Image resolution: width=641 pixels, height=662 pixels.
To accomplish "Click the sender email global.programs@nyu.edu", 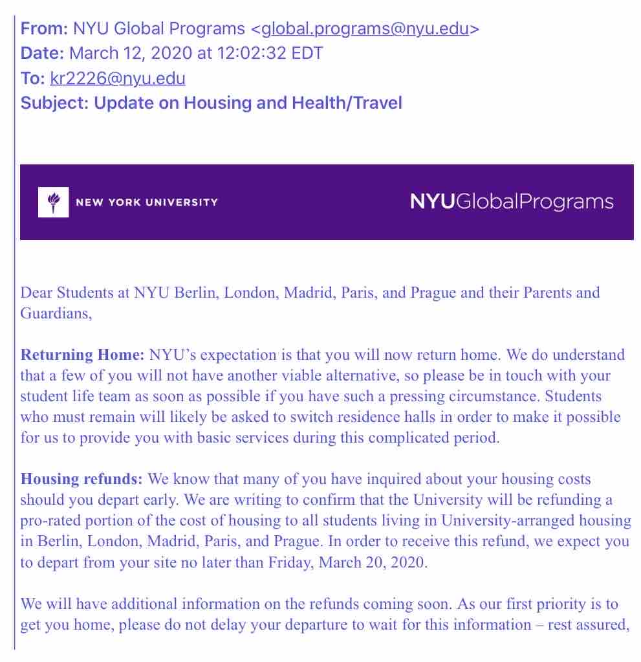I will click(365, 28).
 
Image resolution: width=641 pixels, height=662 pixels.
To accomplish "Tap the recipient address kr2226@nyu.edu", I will click(117, 79).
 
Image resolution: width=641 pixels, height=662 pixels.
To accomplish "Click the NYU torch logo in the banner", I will click(53, 202).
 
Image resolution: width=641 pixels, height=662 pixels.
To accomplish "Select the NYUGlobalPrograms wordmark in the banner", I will click(512, 201).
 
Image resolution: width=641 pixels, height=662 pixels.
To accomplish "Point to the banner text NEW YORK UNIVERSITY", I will click(147, 202).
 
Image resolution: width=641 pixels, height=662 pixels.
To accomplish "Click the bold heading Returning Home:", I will click(83, 355).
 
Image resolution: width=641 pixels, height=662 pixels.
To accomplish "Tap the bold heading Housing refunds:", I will click(81, 480).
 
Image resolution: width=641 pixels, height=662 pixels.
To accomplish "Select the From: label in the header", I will click(45, 28).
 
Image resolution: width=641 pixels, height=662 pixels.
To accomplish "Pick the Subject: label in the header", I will click(55, 103).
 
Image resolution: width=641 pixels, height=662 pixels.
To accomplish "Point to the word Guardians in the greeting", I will click(54, 313).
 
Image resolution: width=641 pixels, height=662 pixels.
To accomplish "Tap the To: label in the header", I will click(33, 79).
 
